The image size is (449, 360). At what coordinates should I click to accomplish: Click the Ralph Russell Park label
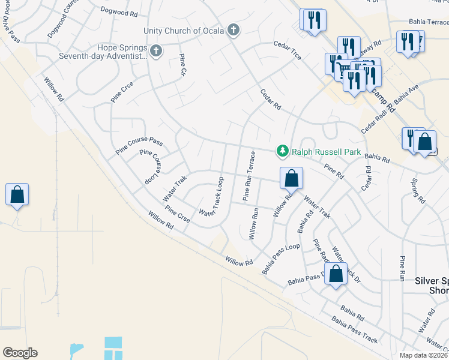coord(327,152)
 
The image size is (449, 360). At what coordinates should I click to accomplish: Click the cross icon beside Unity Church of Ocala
coord(234,31)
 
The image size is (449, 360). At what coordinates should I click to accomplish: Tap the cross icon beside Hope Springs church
coord(156,51)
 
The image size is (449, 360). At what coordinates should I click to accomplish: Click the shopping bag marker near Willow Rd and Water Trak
coord(291,179)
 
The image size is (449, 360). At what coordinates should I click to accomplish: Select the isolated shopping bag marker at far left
coord(17,195)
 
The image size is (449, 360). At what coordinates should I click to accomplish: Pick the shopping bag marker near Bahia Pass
coord(337,274)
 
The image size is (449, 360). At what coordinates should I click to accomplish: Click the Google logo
coord(20,353)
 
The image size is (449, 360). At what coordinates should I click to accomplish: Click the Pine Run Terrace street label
coord(249,175)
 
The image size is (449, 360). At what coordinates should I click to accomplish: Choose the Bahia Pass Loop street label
coord(281,259)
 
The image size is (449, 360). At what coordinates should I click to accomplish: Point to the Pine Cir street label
coord(184,65)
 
